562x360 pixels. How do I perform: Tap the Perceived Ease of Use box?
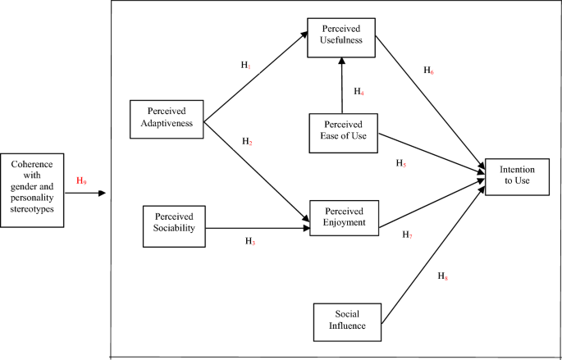click(342, 131)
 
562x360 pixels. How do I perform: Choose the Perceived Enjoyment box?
click(343, 216)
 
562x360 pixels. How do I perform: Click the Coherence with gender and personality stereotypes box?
click(32, 189)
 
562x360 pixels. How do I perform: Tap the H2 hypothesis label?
click(247, 142)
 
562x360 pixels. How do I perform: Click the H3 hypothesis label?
click(250, 241)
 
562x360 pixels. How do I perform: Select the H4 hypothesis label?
click(359, 92)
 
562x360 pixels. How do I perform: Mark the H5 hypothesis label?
click(401, 163)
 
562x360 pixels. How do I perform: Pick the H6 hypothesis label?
click(428, 71)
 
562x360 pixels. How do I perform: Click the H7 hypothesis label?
click(407, 235)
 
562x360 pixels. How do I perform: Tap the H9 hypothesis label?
click(80, 180)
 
